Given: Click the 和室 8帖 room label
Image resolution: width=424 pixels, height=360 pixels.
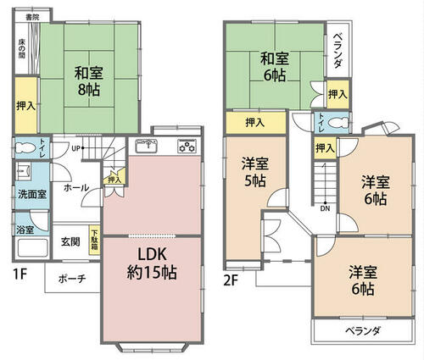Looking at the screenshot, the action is [x=89, y=81].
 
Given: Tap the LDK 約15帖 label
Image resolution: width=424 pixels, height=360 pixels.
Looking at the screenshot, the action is [x=152, y=263].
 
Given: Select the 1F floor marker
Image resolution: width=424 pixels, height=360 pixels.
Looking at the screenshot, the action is [x=20, y=274].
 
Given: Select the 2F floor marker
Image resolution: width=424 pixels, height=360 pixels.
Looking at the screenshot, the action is [x=230, y=280].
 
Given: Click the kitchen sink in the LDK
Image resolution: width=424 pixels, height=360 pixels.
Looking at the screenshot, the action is [x=146, y=146].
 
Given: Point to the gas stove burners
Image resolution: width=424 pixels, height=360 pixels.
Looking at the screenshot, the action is [x=187, y=147].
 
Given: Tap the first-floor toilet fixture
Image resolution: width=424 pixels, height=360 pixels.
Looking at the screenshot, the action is [x=25, y=147].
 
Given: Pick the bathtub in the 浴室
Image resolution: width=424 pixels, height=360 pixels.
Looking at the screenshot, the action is [x=32, y=247].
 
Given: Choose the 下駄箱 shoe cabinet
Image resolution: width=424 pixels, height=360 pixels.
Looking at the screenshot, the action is [x=94, y=240].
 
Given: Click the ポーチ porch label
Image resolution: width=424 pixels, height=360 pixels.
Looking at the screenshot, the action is [x=72, y=279].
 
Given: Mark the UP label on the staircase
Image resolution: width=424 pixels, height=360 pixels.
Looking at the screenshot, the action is [x=75, y=148].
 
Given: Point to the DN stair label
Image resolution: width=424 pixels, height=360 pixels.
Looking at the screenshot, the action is [x=325, y=209].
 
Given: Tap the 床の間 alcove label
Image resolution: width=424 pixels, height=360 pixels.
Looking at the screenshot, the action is [x=22, y=48].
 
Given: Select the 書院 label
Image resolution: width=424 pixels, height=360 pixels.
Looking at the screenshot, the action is [x=32, y=17].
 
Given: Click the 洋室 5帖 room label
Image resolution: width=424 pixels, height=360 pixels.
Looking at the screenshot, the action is [x=255, y=173].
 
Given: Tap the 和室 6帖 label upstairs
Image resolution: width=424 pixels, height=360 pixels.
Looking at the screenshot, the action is [x=275, y=67].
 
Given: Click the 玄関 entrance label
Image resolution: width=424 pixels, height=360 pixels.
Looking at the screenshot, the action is [x=70, y=241].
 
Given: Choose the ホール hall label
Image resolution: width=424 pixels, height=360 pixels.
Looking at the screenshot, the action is [x=76, y=187].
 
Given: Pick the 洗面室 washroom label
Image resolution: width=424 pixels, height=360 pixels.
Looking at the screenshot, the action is [x=32, y=194].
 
